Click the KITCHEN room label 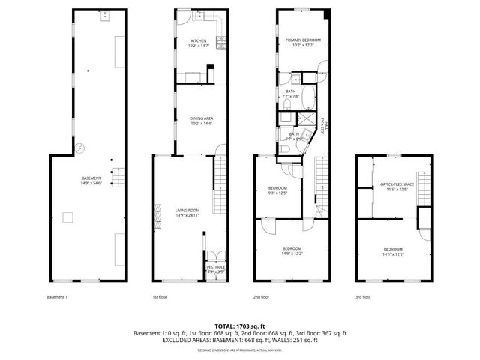click(x=199, y=40)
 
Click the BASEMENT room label click(x=91, y=178)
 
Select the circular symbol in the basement click(x=83, y=148)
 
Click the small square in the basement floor click(x=67, y=217)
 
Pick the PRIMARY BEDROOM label click(x=303, y=40)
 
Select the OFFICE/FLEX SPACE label click(x=397, y=185)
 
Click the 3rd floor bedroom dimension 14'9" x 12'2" click(x=394, y=254)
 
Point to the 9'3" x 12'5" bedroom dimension click(x=278, y=193)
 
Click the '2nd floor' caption click(x=261, y=297)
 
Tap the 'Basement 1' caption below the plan click(x=57, y=297)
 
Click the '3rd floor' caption click(x=364, y=297)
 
